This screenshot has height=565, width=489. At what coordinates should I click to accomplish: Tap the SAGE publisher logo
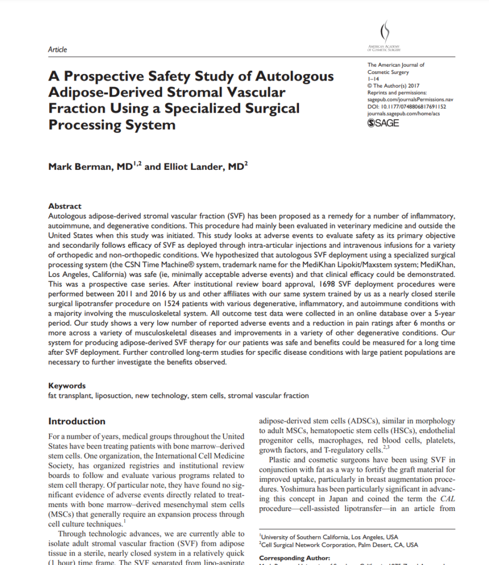(383, 123)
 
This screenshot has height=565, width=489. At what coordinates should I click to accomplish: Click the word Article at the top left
(57, 50)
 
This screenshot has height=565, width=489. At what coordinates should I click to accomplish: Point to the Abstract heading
(65, 206)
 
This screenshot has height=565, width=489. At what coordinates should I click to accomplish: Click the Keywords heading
(67, 386)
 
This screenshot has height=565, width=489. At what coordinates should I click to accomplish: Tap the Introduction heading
(77, 421)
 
